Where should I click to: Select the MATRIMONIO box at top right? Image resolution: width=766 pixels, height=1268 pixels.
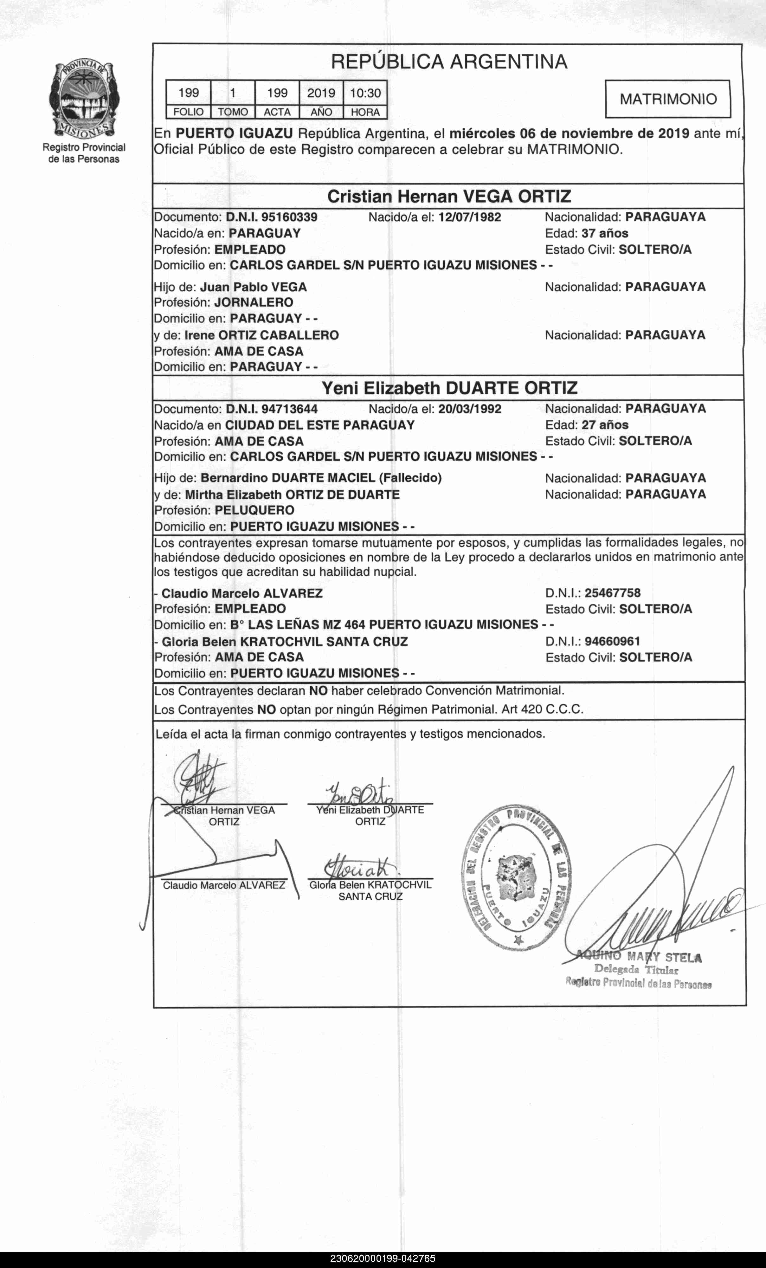tap(668, 99)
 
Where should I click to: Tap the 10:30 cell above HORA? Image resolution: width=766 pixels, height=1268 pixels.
tap(365, 93)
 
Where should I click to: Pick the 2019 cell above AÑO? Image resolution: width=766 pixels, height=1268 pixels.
tap(321, 93)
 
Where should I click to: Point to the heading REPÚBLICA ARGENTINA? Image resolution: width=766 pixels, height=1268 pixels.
tap(449, 62)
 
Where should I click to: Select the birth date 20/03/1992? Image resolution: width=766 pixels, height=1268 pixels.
tap(470, 409)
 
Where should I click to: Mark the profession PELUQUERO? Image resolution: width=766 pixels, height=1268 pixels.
tap(255, 510)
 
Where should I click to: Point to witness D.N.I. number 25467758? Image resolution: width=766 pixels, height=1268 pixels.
tap(613, 593)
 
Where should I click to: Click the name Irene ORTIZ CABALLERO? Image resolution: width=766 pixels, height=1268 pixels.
tap(261, 335)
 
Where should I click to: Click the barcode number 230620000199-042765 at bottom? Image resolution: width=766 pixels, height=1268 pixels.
tap(383, 1259)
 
